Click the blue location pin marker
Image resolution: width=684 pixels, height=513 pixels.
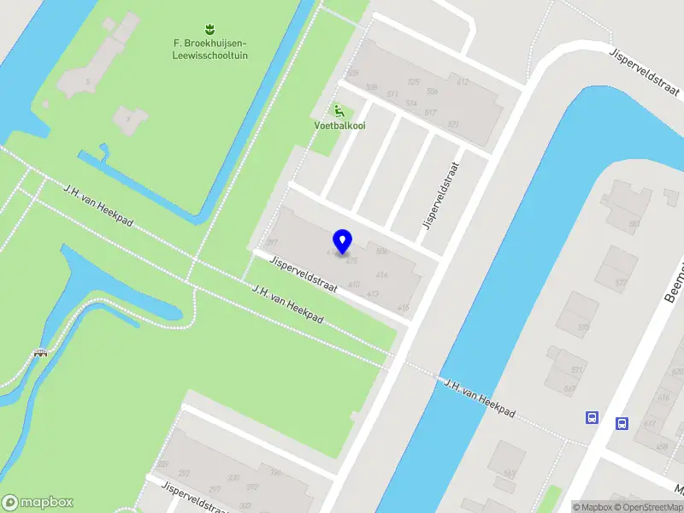click(x=343, y=241)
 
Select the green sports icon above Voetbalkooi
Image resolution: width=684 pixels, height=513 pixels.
click(x=339, y=109)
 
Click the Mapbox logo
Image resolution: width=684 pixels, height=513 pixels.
click(x=37, y=503)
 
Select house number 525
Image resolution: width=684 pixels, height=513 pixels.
click(x=414, y=82)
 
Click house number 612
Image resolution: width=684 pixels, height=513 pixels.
click(x=463, y=82)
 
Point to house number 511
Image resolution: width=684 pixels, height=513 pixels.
click(x=392, y=94)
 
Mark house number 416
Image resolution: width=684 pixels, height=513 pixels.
click(x=382, y=275)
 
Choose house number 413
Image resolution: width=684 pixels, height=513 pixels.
click(x=373, y=294)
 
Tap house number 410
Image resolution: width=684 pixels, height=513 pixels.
click(x=354, y=284)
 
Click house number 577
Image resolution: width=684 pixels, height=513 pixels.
click(x=621, y=283)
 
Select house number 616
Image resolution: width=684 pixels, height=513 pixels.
click(x=664, y=398)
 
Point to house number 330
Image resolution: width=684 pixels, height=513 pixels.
click(x=233, y=477)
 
